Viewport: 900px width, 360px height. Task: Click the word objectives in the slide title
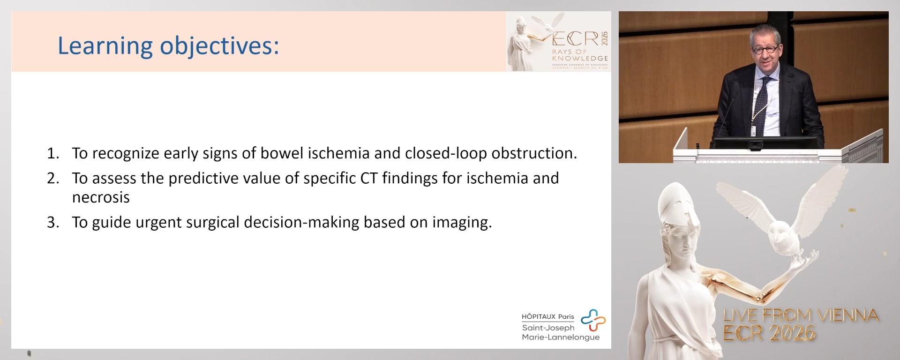219,46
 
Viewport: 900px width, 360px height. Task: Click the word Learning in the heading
105,46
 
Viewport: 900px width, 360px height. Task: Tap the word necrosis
101,197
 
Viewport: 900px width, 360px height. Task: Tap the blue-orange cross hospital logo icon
593,320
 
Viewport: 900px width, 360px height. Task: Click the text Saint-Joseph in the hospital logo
548,328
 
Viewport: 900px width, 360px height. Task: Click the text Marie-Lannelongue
561,337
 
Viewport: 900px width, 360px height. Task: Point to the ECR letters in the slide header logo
575,39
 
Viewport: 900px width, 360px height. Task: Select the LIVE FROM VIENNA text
801,315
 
